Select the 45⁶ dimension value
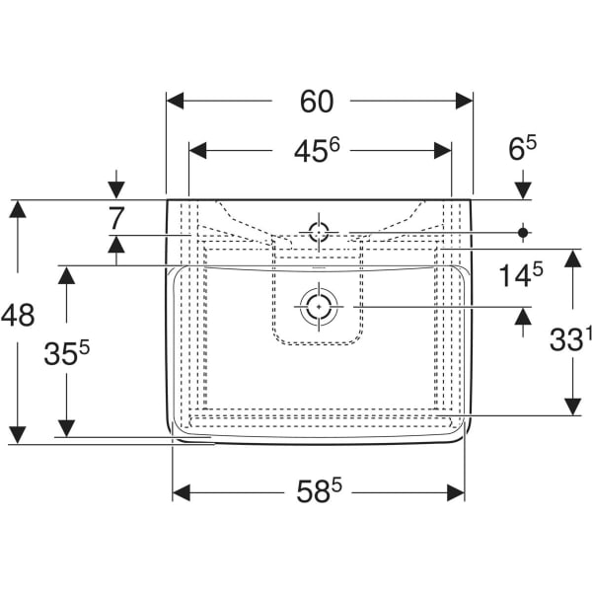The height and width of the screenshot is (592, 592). pos(316,150)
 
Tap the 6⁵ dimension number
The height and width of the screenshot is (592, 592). pos(523,149)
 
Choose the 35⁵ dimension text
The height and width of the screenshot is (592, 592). pos(67,352)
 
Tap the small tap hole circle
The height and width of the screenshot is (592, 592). pos(319,232)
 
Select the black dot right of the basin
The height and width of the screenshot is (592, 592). pos(523,232)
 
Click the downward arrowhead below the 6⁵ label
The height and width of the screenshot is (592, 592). pos(523,190)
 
